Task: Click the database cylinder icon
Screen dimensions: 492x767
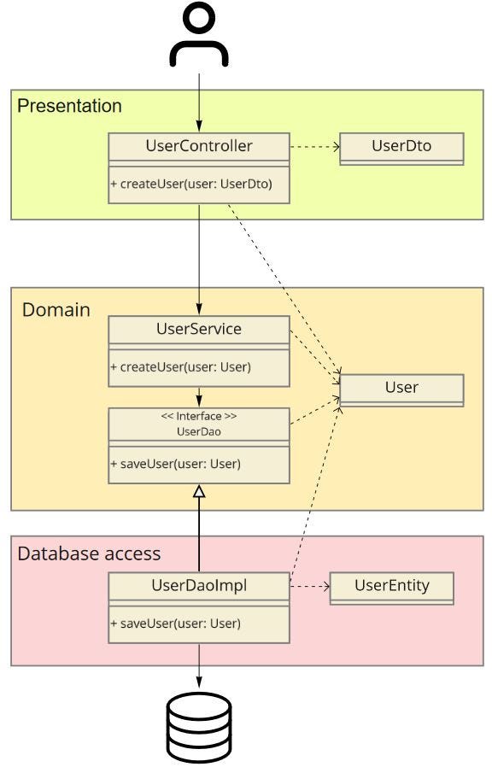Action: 198,728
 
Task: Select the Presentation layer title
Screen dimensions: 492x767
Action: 69,106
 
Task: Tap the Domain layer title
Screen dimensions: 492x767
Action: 56,310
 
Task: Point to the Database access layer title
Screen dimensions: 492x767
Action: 89,553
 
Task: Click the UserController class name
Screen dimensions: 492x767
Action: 199,145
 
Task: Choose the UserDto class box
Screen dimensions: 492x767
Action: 401,149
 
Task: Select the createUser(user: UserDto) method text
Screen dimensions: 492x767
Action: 191,184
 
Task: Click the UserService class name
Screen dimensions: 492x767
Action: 199,328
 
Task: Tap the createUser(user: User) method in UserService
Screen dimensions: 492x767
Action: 180,367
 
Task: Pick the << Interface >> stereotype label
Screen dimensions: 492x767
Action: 198,416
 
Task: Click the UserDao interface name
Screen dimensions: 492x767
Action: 198,431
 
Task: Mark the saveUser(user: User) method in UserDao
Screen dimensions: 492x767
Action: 176,463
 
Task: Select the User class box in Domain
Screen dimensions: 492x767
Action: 401,390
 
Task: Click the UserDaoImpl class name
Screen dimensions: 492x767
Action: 199,585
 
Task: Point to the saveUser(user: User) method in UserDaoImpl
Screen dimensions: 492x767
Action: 176,624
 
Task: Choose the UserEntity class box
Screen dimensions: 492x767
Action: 392,588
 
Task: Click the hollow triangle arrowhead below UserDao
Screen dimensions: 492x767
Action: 198,491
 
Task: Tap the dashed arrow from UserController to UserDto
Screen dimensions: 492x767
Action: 315,146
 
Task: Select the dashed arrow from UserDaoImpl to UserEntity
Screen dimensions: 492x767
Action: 310,586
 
